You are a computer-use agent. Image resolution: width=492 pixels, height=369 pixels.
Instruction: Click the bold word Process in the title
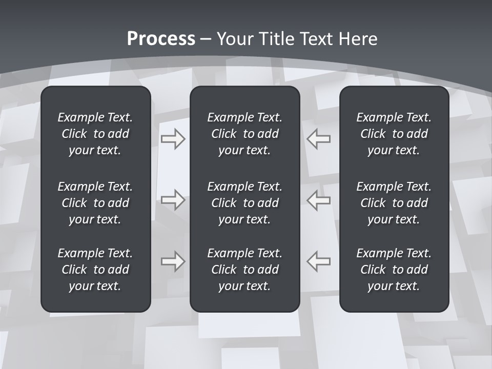(x=161, y=39)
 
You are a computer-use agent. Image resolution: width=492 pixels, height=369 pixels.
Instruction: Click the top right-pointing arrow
(x=173, y=139)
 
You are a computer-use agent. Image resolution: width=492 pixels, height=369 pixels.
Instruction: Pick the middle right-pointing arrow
(x=173, y=200)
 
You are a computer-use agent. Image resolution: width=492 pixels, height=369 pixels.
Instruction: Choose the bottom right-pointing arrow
(x=173, y=261)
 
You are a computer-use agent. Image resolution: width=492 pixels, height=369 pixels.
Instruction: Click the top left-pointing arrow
(x=318, y=139)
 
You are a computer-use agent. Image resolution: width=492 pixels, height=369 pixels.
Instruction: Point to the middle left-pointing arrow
(x=318, y=200)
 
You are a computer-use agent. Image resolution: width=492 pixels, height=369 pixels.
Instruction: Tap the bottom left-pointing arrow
(x=318, y=261)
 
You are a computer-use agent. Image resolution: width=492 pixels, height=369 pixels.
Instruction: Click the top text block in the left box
(x=95, y=134)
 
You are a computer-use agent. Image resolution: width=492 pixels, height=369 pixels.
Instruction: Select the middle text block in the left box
(x=95, y=203)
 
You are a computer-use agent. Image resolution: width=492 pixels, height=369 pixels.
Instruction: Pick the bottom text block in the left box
(x=95, y=270)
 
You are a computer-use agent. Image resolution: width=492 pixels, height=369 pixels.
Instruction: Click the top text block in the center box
(x=244, y=134)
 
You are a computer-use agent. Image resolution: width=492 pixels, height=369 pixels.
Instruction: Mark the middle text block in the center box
(x=244, y=203)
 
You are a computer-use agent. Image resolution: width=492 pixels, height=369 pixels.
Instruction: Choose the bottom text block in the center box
(x=244, y=270)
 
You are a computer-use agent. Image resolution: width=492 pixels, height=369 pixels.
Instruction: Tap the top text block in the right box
(x=394, y=134)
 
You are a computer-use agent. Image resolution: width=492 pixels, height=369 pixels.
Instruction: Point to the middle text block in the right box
(x=394, y=203)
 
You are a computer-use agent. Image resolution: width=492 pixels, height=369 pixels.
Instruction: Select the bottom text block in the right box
(x=394, y=270)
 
